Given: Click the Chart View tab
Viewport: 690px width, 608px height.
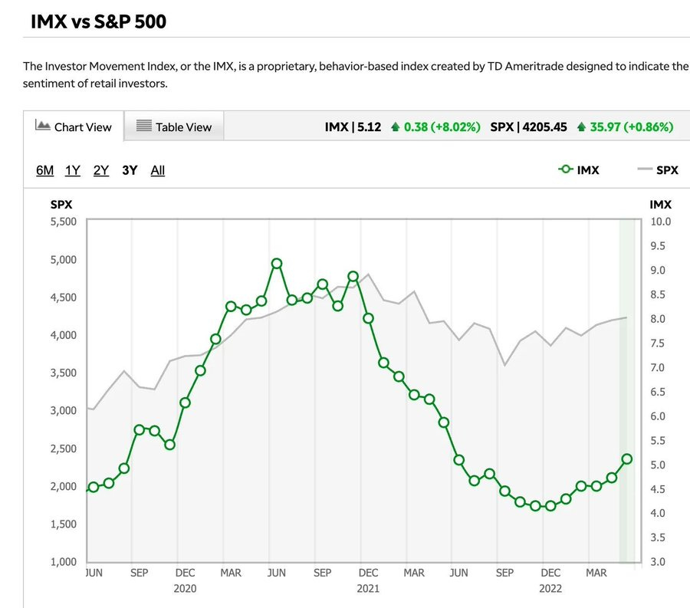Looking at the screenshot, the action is click(x=74, y=127).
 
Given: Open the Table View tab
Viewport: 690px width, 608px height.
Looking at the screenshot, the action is click(x=174, y=127).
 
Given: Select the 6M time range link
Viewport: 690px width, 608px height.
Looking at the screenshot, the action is click(x=45, y=170).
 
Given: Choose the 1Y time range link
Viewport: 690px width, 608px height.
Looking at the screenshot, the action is click(x=73, y=170).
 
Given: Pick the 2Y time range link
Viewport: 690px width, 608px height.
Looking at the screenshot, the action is click(x=100, y=170).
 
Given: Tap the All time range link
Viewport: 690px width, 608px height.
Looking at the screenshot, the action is click(x=157, y=170).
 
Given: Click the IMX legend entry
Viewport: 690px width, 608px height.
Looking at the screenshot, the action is click(x=578, y=169).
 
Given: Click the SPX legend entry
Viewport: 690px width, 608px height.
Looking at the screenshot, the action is click(x=658, y=169).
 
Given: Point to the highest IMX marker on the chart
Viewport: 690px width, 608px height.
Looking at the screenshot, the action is click(x=276, y=264).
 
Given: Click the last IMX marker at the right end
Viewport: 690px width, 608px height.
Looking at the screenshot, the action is click(x=626, y=458).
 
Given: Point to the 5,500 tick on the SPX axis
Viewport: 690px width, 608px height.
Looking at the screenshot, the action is click(x=64, y=222).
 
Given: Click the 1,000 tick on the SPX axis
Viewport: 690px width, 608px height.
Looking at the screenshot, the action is click(x=64, y=562).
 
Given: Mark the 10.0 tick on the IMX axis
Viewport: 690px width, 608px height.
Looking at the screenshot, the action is click(x=661, y=222).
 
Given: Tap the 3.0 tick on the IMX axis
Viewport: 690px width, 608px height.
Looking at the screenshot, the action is click(x=658, y=562).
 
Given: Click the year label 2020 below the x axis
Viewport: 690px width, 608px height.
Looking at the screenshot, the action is click(x=185, y=589).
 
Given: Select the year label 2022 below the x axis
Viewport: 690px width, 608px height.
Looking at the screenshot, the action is click(x=550, y=589).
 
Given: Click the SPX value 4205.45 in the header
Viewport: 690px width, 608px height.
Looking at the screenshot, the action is click(x=544, y=127).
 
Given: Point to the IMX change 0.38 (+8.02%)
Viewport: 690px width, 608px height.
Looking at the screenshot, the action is click(x=442, y=127).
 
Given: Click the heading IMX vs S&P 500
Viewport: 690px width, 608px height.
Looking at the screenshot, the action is click(x=99, y=21).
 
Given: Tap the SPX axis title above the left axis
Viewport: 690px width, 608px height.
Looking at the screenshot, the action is click(x=61, y=205).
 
